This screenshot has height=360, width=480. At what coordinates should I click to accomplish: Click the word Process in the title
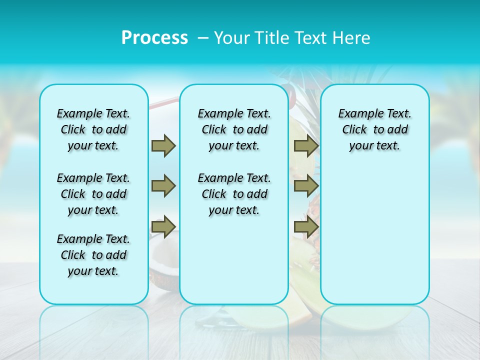(154, 38)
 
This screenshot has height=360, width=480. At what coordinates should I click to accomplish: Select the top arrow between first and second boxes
(163, 145)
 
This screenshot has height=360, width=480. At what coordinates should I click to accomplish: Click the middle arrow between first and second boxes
(163, 186)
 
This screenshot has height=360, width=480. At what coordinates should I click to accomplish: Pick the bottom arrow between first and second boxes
(163, 226)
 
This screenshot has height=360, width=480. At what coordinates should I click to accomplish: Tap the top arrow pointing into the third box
(306, 145)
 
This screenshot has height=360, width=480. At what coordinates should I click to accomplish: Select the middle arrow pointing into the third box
(306, 186)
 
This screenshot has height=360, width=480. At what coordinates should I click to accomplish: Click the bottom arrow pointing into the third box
(306, 226)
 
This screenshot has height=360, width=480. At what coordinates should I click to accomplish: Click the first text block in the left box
(93, 129)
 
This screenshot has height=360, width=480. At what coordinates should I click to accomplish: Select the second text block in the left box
(93, 194)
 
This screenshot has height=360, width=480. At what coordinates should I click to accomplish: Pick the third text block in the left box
(93, 255)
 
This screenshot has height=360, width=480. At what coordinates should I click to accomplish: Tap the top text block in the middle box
(234, 129)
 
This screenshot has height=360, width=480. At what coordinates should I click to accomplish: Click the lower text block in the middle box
(234, 194)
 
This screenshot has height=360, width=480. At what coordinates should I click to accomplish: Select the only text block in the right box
(374, 129)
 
